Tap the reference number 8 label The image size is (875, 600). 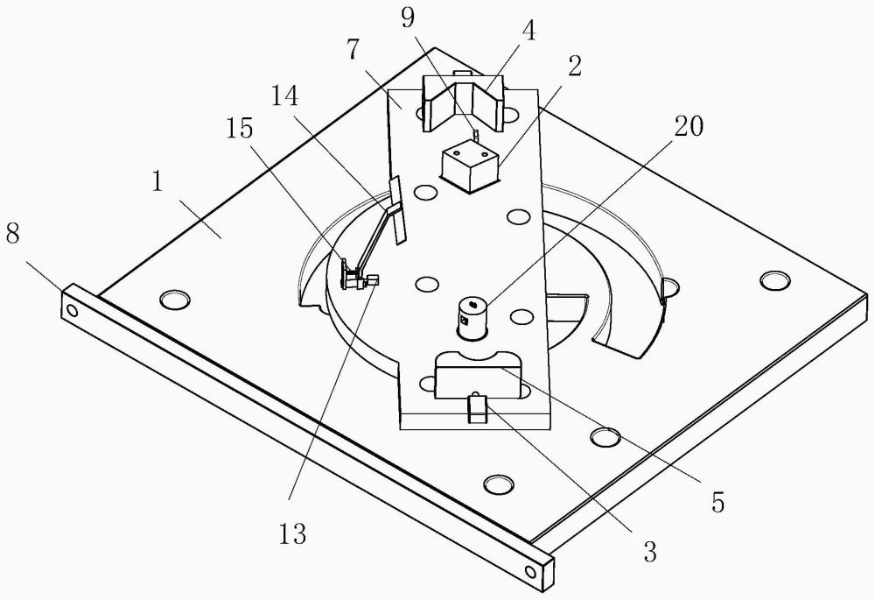click(16, 236)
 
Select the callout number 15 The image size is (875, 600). click(240, 129)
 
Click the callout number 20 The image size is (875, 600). click(688, 127)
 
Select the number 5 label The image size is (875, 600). click(717, 502)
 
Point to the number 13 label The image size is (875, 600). click(293, 534)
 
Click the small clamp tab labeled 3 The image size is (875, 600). click(476, 407)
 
